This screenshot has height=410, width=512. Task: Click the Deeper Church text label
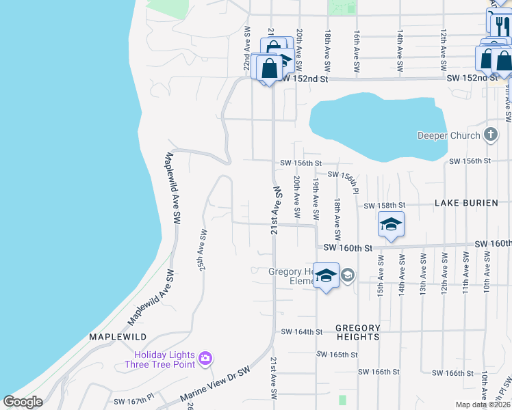click(448, 135)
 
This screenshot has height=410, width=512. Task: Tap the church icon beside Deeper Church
click(490, 135)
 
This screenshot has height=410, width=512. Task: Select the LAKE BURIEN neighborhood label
click(469, 204)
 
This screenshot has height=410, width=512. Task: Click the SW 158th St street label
click(385, 205)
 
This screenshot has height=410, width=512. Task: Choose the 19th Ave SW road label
click(316, 194)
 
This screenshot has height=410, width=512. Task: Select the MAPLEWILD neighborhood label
click(118, 337)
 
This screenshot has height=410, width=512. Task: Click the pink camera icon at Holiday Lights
click(205, 358)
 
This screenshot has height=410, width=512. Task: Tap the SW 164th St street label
click(301, 332)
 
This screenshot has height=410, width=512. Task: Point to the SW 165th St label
click(337, 355)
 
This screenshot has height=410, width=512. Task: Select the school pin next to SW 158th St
click(391, 225)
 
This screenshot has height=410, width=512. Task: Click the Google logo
click(23, 402)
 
